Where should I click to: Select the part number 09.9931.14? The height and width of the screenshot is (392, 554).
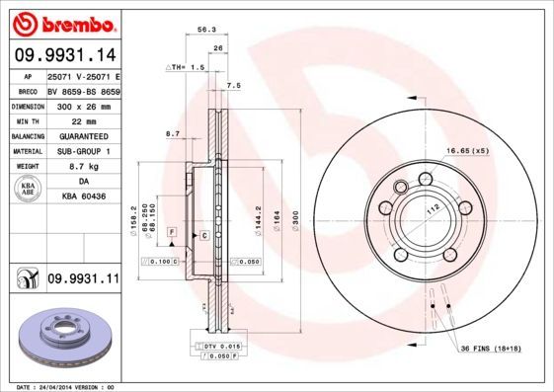coord(64,56)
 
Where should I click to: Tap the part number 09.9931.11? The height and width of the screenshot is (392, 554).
coord(83,280)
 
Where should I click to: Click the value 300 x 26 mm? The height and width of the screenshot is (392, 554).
coord(82,105)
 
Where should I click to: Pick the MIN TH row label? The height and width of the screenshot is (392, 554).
coord(26,119)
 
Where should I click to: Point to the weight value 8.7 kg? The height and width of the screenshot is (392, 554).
coord(82,167)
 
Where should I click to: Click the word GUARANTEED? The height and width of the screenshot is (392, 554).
coord(82,135)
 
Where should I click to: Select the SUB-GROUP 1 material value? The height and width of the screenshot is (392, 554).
coord(82,151)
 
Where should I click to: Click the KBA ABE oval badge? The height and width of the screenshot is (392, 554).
coord(29,191)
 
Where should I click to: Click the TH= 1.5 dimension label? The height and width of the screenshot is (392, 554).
coord(185,67)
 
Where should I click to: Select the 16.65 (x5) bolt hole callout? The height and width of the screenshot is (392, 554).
coord(467,150)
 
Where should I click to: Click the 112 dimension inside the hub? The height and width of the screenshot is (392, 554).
coord(431,209)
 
